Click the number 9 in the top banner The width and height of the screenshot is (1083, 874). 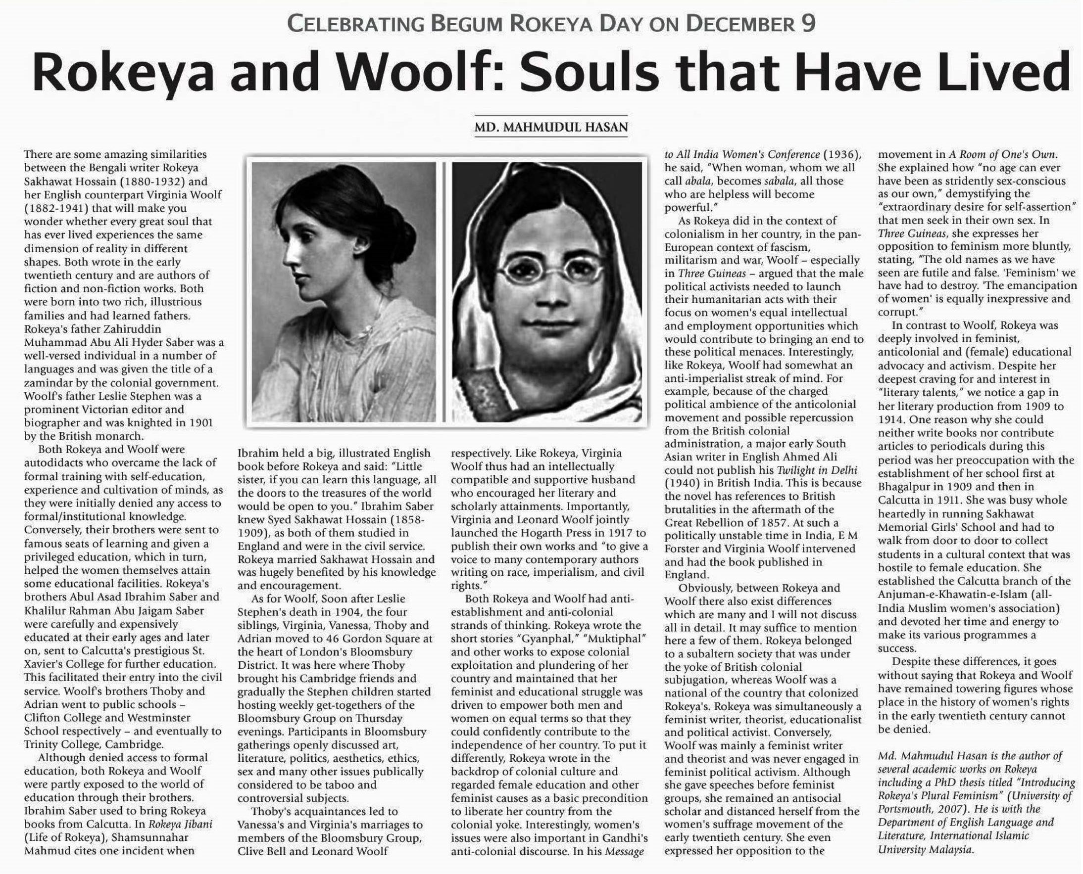click(x=808, y=24)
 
